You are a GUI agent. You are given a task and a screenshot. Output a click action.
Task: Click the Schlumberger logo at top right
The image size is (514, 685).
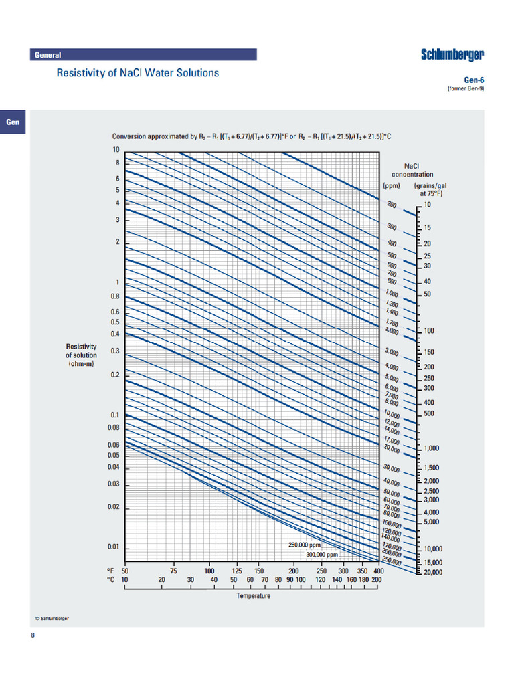pos(452,55)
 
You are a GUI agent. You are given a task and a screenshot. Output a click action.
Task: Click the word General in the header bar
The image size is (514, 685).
pos(48,55)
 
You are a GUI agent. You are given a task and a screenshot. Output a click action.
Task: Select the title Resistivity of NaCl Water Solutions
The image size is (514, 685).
pos(137,72)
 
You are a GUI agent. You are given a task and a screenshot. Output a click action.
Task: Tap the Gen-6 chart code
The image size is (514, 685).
pos(473,80)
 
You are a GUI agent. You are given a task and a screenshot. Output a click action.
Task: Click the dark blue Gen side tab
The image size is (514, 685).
pos(13,122)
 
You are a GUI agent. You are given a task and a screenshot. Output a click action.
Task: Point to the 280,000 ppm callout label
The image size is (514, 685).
pos(310,545)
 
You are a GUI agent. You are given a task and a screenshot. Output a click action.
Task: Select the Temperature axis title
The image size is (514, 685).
pos(254,595)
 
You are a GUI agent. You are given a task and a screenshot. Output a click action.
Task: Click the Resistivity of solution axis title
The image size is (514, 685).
pos(81,354)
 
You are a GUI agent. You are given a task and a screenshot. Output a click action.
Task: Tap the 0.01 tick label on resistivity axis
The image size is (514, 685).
pos(113,547)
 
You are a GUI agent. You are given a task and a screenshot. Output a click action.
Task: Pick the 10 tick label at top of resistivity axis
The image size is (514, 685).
pos(116,150)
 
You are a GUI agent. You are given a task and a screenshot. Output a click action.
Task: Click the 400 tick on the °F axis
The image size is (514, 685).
pos(379,570)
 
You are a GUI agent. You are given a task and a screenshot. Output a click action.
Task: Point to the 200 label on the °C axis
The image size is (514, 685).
pos(376,579)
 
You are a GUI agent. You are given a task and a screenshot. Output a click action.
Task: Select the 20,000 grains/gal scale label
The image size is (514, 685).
pos(435,572)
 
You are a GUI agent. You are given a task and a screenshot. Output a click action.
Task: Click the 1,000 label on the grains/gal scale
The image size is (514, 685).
pos(431,449)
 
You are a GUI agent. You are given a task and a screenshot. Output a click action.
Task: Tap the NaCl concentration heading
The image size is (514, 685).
pos(412,170)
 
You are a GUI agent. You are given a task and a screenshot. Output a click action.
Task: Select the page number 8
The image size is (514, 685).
pos(33,635)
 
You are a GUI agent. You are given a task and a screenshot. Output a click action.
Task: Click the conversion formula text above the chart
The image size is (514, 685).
pos(251,137)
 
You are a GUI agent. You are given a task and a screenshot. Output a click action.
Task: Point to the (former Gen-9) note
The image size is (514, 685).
pos(465,88)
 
